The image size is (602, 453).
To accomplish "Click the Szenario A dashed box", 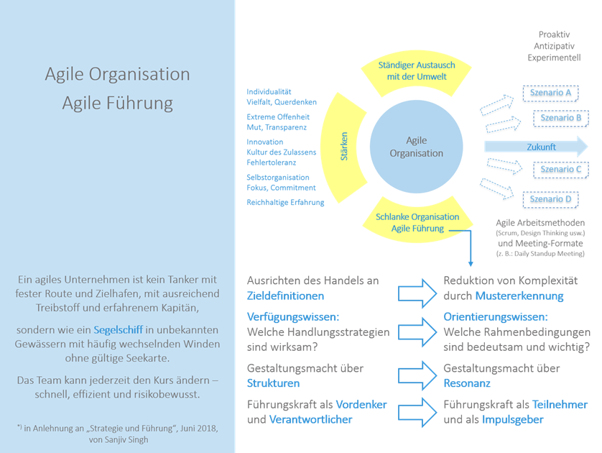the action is coord(550,93).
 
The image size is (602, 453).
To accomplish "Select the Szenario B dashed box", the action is coord(560,119).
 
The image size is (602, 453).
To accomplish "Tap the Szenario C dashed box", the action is coord(560,170).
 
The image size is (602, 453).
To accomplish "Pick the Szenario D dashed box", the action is coord(550,199).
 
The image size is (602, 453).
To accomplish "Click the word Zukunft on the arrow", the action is coord(541,147).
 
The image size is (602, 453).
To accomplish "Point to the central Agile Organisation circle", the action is coord(416,147).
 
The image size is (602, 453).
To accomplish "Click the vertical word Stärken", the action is coord(344,147).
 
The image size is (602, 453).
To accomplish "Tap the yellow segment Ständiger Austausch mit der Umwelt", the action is coord(417,73).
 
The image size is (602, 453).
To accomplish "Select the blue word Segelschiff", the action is coord(119,330).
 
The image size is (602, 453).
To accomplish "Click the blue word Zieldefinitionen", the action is coord(285,296).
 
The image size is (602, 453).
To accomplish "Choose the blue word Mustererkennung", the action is coord(519,296).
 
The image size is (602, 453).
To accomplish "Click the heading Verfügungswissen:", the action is coord(293,317).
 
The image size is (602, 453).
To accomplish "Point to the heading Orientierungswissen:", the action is coord(496,317).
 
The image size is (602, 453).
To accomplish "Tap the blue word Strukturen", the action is coord(274,383).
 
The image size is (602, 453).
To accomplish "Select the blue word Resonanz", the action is coord(467,383).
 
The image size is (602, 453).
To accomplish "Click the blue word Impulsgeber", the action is coord(512,420).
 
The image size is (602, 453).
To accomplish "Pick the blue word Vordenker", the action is coord(361,405).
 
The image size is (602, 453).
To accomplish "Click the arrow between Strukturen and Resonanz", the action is coord(417,376).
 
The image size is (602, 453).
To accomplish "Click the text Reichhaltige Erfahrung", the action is coord(285,203).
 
